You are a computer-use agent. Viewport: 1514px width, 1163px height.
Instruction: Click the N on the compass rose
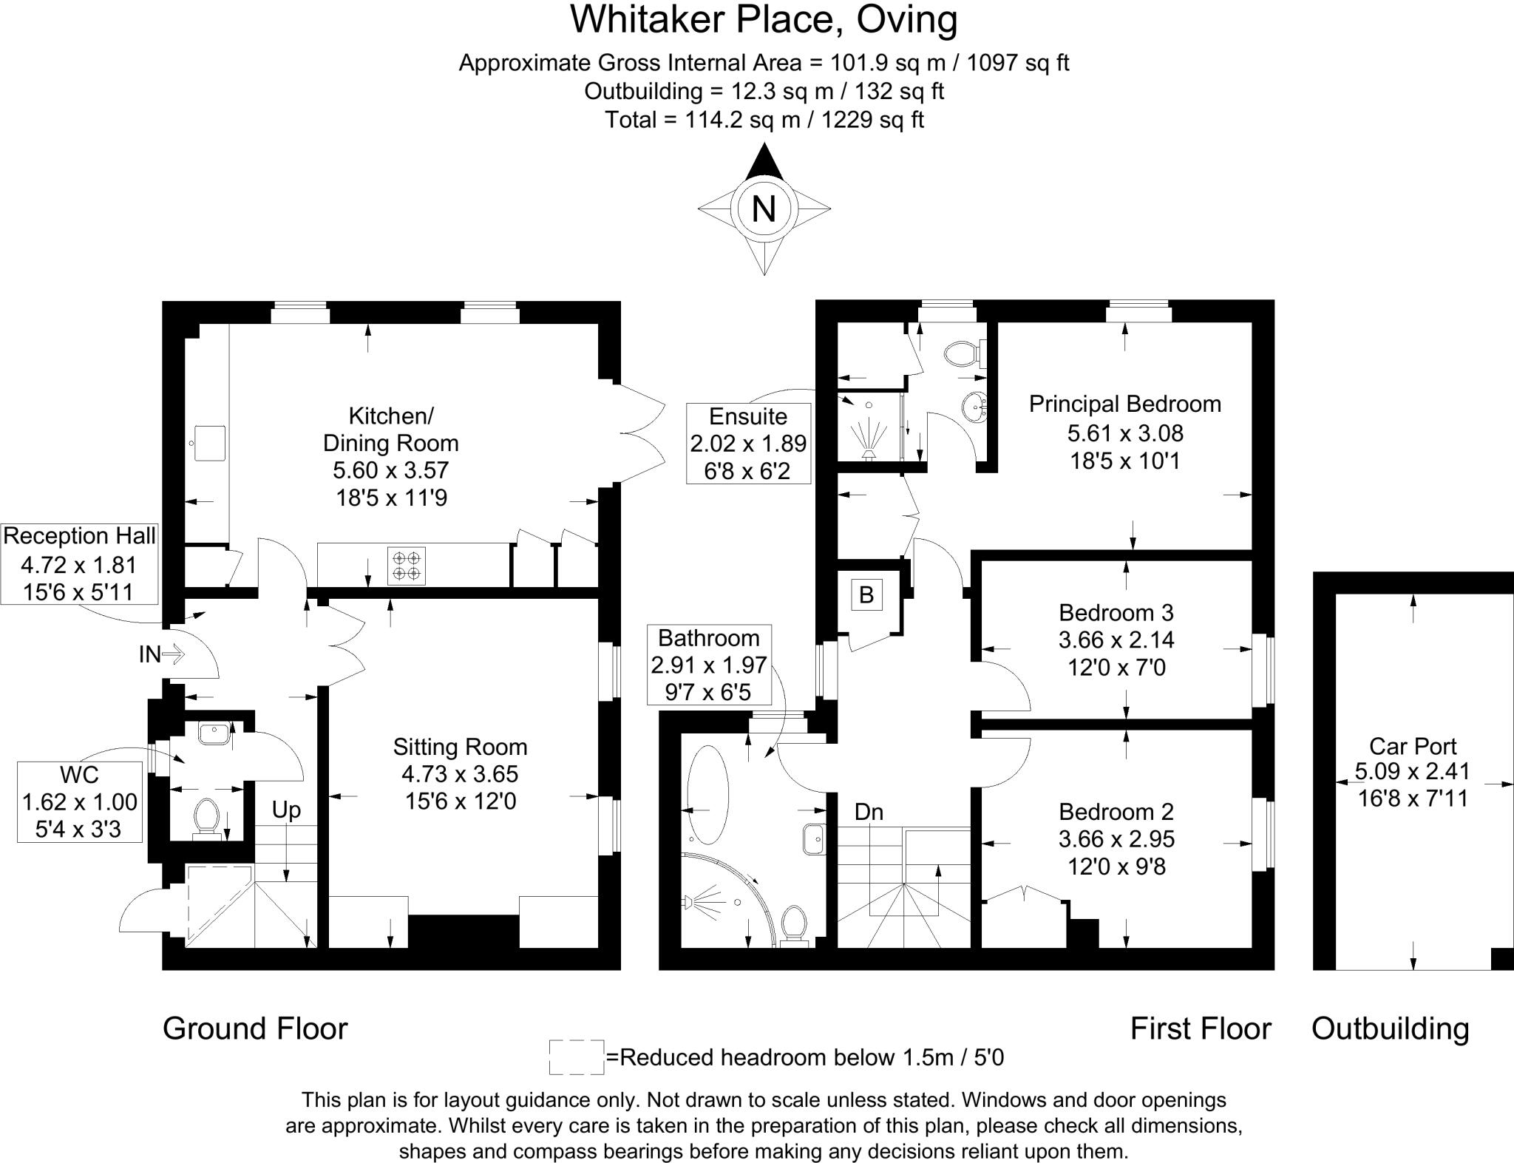[x=764, y=208]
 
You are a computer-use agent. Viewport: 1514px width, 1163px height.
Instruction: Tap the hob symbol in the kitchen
[x=407, y=565]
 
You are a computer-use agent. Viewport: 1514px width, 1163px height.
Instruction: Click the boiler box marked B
[x=866, y=594]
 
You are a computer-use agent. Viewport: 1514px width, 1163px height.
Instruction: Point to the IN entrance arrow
[x=172, y=654]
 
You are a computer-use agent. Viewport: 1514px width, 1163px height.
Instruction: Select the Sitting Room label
[x=460, y=747]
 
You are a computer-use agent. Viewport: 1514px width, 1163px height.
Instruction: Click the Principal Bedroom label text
[x=1124, y=404]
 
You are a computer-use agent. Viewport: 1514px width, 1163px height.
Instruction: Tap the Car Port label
[x=1413, y=746]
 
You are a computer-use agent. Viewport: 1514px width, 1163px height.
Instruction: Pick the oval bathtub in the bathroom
[x=707, y=795]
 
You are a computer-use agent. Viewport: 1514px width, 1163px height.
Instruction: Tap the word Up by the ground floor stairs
[x=286, y=810]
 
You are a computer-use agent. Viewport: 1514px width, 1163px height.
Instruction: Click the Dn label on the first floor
[x=869, y=812]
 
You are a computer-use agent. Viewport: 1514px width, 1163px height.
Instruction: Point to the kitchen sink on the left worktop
[x=208, y=443]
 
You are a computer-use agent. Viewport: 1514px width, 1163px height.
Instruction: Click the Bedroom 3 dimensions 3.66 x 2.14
[x=1116, y=640]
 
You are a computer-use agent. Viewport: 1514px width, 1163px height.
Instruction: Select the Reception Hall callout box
[x=79, y=564]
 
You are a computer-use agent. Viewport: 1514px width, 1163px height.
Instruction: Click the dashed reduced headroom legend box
[x=577, y=1057]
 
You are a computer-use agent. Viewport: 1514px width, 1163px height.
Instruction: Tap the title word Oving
[x=907, y=19]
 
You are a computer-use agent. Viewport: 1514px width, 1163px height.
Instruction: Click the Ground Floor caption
[x=255, y=1028]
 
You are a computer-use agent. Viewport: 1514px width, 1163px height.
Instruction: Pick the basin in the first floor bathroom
[x=815, y=839]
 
